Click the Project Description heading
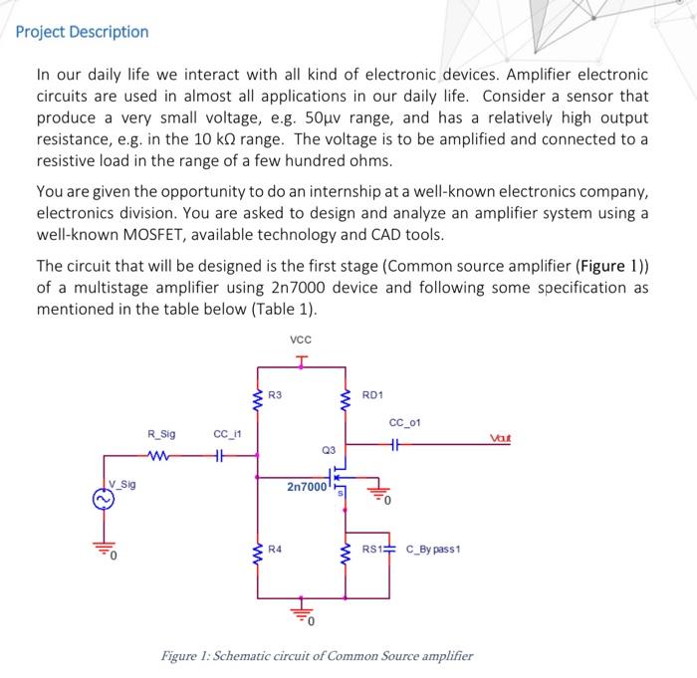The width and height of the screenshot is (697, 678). [83, 32]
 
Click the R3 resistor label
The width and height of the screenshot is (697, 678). [275, 395]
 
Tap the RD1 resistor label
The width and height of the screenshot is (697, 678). [371, 395]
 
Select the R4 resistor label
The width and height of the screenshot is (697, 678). [275, 549]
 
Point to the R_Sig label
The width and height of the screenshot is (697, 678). [160, 434]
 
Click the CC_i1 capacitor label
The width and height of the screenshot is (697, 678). [226, 434]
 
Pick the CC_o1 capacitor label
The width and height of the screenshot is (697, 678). [404, 423]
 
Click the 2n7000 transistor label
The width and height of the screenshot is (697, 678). [306, 489]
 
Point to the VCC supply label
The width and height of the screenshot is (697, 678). [300, 339]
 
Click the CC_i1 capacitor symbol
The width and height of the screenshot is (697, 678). [226, 460]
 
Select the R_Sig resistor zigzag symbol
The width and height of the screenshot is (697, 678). [160, 460]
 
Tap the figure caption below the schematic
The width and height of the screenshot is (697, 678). [318, 656]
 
